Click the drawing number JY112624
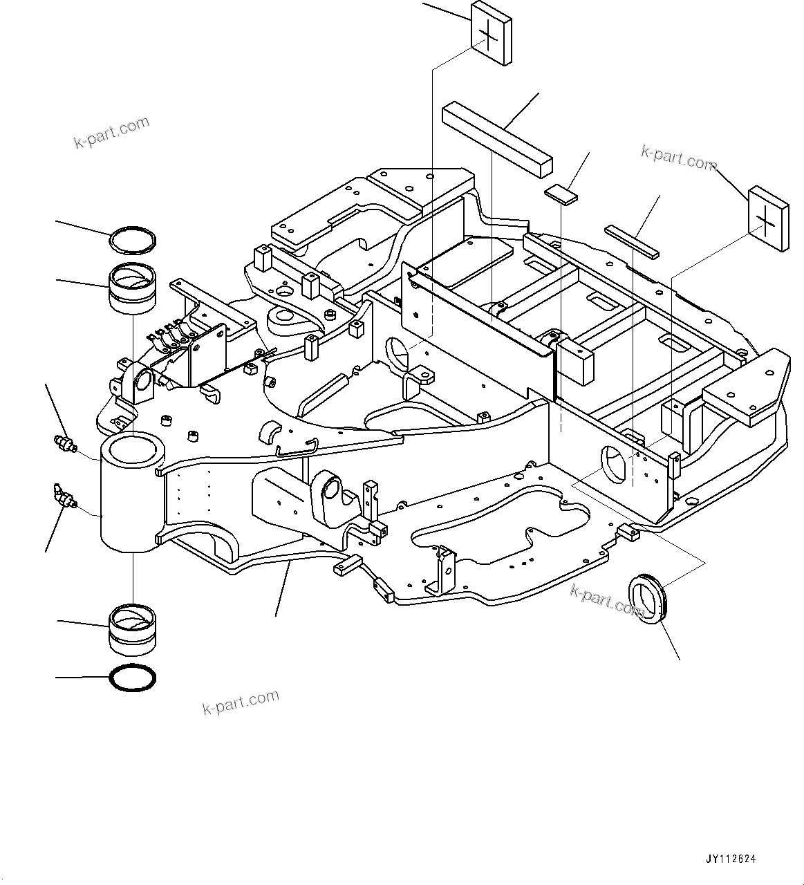pyautogui.click(x=731, y=859)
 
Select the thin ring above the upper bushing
pyautogui.click(x=133, y=240)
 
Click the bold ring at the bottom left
pyautogui.click(x=133, y=678)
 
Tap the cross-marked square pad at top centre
pyautogui.click(x=492, y=32)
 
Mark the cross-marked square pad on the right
pyautogui.click(x=769, y=218)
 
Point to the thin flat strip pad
pyautogui.click(x=633, y=240)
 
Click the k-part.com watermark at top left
pyautogui.click(x=111, y=132)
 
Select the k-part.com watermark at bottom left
pyautogui.click(x=241, y=702)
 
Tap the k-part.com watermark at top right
pyautogui.click(x=679, y=158)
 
